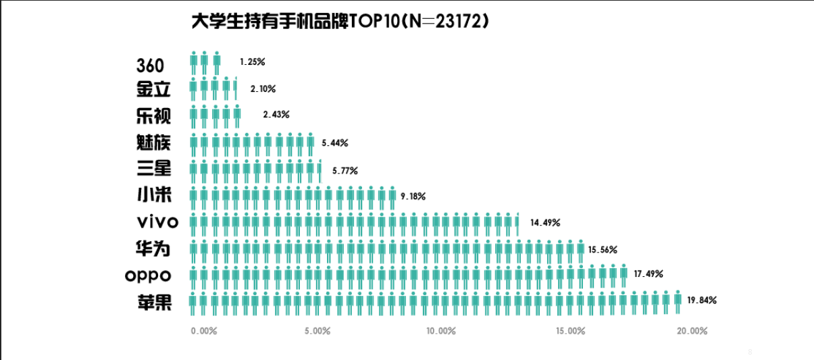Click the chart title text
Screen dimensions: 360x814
coord(340,22)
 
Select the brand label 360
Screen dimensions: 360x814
coord(150,66)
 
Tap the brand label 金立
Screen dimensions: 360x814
coord(153,89)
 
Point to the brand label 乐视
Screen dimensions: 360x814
coord(153,115)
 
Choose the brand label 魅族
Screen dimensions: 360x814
coord(153,143)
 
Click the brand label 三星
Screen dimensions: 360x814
coord(153,169)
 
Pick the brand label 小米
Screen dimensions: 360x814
coord(153,196)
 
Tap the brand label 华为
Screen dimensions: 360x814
coord(153,249)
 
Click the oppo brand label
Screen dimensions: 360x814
coord(148,276)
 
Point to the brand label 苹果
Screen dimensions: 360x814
coord(153,303)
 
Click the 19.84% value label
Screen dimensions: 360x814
coord(701,300)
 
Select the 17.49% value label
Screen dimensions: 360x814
coord(648,274)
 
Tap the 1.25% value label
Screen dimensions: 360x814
coord(252,61)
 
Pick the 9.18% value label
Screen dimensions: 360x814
coord(413,196)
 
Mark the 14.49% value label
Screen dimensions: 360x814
coord(545,222)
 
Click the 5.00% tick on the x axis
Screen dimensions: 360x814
coord(317,331)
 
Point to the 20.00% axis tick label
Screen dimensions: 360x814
coord(692,331)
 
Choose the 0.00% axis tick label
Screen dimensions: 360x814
coord(204,331)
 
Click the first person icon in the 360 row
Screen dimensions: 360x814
coord(194,63)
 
